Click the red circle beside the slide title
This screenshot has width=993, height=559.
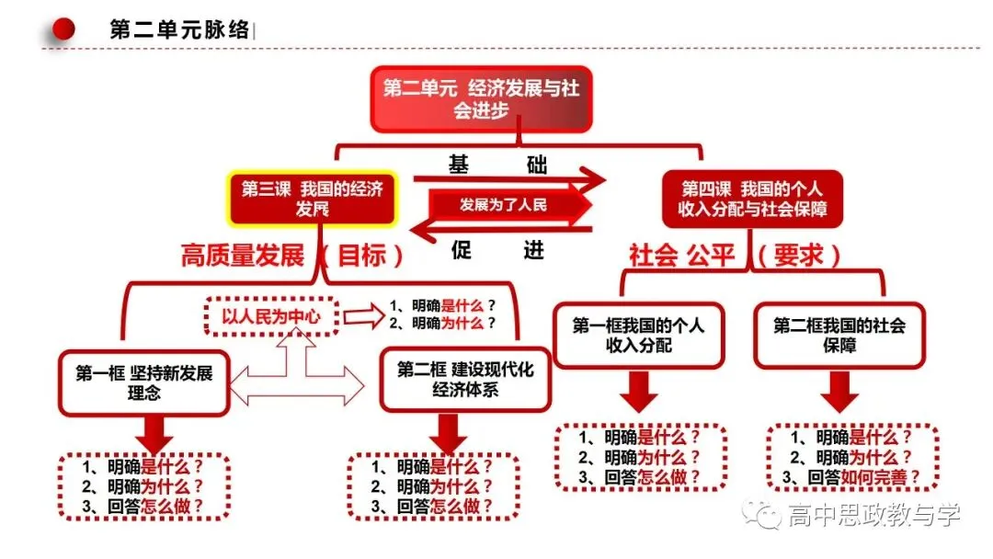[63, 29]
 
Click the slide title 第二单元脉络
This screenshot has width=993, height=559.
[179, 29]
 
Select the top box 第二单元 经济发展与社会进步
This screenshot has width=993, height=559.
[481, 99]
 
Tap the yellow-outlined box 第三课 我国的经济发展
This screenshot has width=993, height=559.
[313, 199]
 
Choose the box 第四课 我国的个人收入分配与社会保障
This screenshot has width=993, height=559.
[752, 199]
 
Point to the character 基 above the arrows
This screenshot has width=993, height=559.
[459, 165]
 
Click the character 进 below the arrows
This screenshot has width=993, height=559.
[533, 249]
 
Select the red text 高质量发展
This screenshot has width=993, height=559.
[243, 256]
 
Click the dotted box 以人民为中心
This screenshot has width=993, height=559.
[271, 316]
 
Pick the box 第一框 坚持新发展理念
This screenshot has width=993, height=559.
[143, 383]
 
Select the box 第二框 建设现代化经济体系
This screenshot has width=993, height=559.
[465, 379]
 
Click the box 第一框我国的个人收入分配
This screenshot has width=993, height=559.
[638, 336]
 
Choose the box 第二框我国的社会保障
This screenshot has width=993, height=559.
[839, 336]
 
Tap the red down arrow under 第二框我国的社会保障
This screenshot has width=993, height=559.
[839, 392]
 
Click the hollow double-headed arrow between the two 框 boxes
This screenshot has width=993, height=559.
[296, 385]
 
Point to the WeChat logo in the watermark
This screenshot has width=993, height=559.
[762, 514]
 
